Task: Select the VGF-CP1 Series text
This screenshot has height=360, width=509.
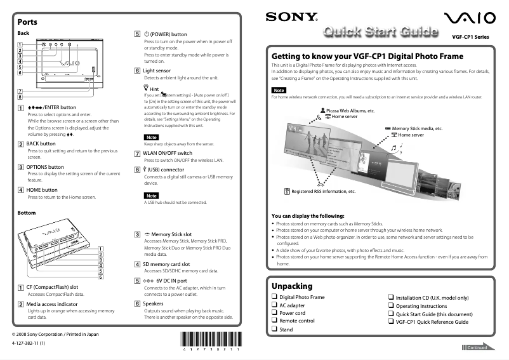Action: pyautogui.click(x=470, y=37)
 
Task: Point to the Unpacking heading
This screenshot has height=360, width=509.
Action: pyautogui.click(x=292, y=286)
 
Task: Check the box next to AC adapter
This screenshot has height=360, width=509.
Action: pyautogui.click(x=274, y=305)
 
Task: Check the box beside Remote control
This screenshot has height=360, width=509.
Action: pyautogui.click(x=274, y=321)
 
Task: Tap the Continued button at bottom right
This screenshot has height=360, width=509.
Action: pyautogui.click(x=477, y=348)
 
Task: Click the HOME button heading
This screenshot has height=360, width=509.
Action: pyautogui.click(x=42, y=190)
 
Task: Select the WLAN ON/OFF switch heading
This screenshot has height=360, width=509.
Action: pyautogui.click(x=168, y=153)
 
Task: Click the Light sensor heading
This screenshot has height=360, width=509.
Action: pyautogui.click(x=156, y=70)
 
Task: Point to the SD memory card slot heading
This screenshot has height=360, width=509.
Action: pyautogui.click(x=166, y=263)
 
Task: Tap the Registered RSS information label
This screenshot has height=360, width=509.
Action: pyautogui.click(x=323, y=190)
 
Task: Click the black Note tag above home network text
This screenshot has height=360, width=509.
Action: pyautogui.click(x=279, y=90)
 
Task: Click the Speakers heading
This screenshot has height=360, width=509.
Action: pyautogui.click(x=153, y=303)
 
